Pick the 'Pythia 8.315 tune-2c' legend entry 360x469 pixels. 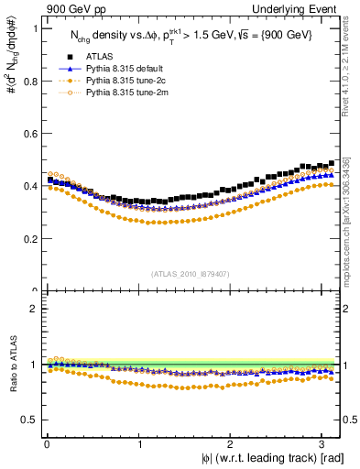tap(125, 80)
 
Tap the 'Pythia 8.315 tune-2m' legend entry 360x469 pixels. tap(125, 92)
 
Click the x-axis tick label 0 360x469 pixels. tap(46, 445)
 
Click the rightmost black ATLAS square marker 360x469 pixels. tap(331, 163)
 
